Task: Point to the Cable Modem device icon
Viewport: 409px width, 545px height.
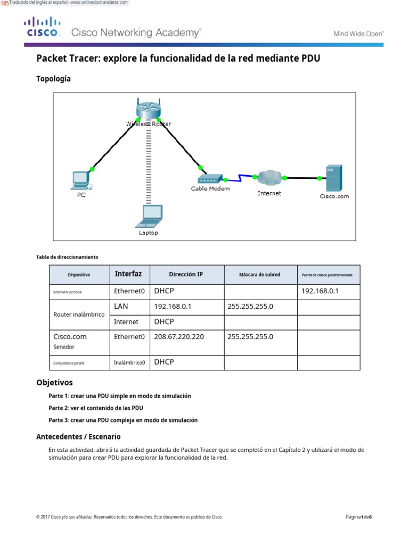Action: point(209,179)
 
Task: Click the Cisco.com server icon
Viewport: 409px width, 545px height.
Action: point(334,179)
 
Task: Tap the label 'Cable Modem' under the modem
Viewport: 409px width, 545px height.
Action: point(210,188)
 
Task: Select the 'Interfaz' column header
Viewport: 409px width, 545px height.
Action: point(128,274)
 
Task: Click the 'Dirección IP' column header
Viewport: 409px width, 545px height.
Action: point(186,275)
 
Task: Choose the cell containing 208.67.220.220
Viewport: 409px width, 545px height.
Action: point(178,337)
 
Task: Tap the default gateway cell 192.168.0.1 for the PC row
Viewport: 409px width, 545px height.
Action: point(320,291)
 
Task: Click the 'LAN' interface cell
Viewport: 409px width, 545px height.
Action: point(121,307)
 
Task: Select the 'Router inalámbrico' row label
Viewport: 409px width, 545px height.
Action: point(79,315)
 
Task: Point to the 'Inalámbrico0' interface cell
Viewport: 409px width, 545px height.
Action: point(129,362)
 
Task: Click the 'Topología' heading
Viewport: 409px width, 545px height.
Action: point(53,79)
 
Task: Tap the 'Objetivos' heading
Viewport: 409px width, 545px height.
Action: point(54,383)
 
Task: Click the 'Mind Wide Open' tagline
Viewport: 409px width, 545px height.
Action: point(358,34)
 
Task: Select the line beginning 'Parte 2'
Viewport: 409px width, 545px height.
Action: point(96,408)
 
